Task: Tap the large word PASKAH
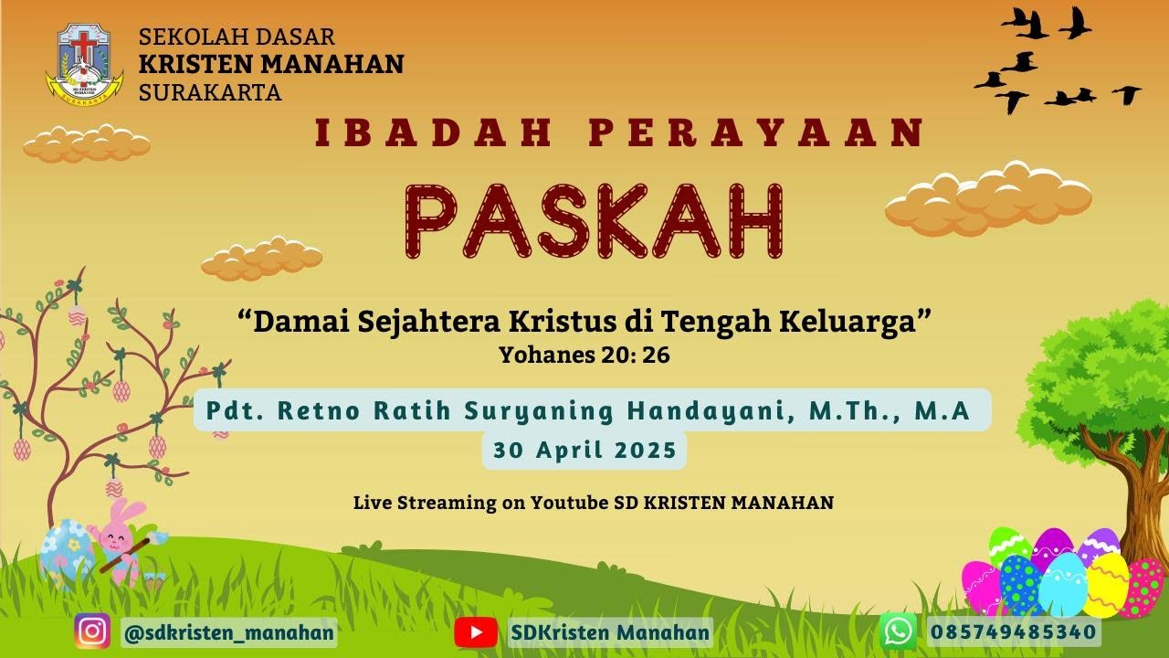coord(595,221)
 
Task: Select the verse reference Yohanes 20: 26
coord(584,356)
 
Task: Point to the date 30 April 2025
coord(584,450)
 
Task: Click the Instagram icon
coord(92,631)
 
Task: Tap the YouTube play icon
coord(476,631)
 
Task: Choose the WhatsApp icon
coord(899,631)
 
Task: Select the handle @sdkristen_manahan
coord(228,632)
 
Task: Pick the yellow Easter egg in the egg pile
coord(1107,585)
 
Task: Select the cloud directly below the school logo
coord(87,143)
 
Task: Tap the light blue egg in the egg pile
coord(1063,585)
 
